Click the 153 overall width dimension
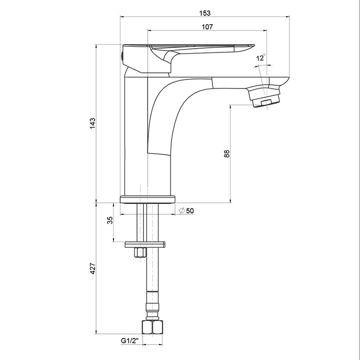point(205,13)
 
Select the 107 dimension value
point(207,27)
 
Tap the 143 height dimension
point(92,123)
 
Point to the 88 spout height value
point(226,153)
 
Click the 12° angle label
point(261,58)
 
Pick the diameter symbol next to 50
point(182,210)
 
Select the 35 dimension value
point(110,220)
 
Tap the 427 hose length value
point(92,268)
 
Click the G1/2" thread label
point(130,341)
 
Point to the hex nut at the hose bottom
point(153,327)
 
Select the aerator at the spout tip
point(265,97)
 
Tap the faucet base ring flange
point(148,199)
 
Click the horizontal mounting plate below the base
point(145,244)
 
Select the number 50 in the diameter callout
point(190,211)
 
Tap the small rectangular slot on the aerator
point(266,102)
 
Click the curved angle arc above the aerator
point(263,66)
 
